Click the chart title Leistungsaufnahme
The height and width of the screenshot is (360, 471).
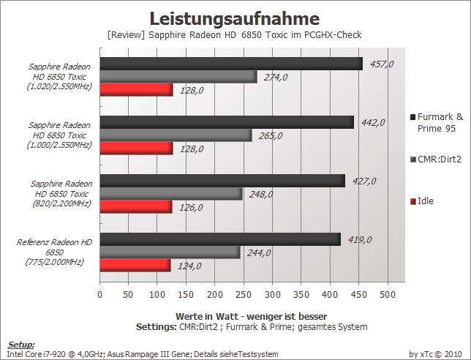[235, 18]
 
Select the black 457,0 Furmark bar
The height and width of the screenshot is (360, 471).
[231, 64]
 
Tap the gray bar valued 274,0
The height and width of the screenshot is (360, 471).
[178, 77]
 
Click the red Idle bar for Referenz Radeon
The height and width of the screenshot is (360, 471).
[135, 266]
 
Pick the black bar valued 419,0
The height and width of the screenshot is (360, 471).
[220, 239]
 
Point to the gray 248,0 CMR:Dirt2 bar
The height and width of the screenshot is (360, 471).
[171, 194]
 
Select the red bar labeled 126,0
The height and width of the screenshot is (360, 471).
[136, 207]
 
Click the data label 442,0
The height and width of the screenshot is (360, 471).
[373, 123]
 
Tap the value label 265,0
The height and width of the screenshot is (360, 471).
[271, 136]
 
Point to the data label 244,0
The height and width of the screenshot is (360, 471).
[259, 252]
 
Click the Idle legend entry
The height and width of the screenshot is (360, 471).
[422, 201]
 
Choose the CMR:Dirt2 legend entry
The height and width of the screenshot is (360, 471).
[436, 159]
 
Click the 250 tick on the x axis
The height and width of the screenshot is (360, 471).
[244, 294]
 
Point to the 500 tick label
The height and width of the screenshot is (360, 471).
[388, 294]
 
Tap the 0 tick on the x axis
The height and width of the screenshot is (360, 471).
[100, 294]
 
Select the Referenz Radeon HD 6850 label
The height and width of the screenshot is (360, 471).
[54, 252]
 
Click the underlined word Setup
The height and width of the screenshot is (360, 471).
[20, 345]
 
